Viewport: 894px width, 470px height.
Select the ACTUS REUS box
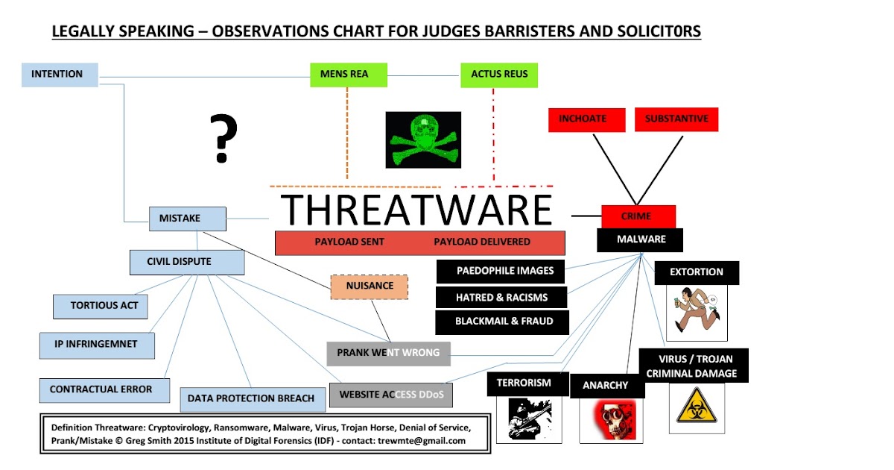pos(499,75)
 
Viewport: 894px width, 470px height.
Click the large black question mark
pos(221,139)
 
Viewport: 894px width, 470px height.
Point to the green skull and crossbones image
pos(423,140)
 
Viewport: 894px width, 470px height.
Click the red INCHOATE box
pos(583,119)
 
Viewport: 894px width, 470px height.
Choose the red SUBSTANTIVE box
pos(676,119)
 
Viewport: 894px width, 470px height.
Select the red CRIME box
pos(638,216)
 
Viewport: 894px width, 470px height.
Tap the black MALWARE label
pos(640,239)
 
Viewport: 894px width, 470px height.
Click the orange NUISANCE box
pos(370,286)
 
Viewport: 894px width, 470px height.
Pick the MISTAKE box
pos(187,219)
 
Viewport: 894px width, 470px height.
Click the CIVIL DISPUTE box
pos(186,262)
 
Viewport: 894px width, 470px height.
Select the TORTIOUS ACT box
pos(100,306)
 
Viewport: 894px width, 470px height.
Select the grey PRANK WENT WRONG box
pos(388,353)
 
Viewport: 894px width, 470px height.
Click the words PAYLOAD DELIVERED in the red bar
pos(482,242)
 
